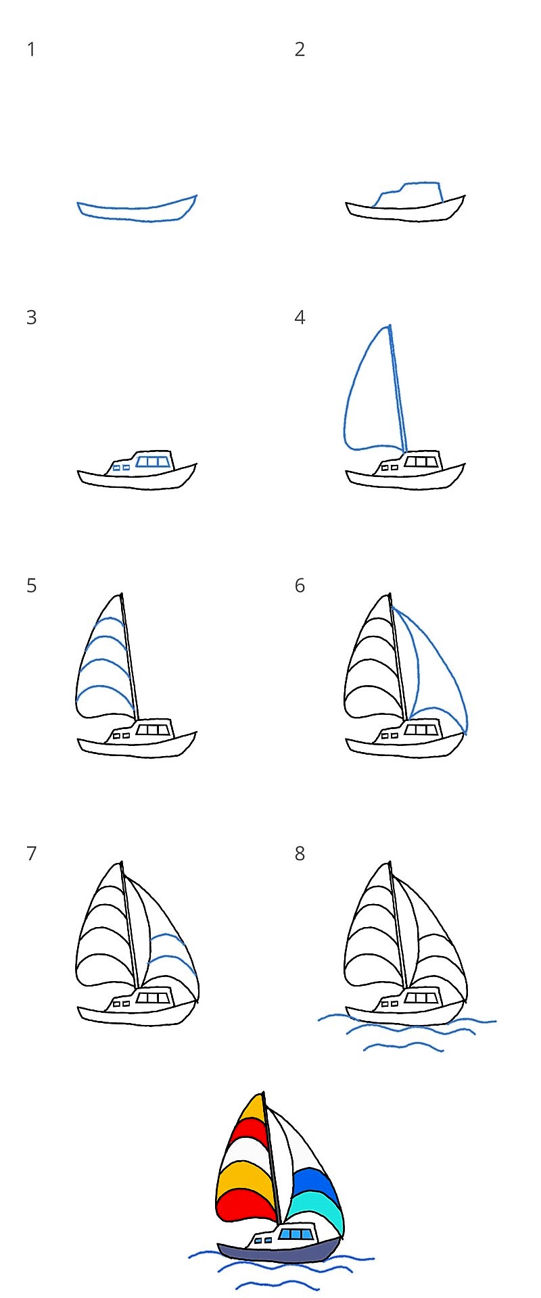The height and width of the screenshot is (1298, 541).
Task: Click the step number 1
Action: point(31,49)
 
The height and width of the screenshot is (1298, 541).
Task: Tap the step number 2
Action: point(300,49)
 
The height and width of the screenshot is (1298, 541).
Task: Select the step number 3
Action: point(31,318)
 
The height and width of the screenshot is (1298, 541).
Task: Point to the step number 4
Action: point(300,318)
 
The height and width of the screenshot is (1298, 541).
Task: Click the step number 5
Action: point(31,586)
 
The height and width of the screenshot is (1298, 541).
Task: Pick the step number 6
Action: point(300,586)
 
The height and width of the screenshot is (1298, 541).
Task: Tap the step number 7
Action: point(31,854)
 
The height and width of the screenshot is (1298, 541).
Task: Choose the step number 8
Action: point(300,854)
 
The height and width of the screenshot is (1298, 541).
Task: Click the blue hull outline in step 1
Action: point(135,220)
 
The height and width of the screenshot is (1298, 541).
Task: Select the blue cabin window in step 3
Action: point(153,461)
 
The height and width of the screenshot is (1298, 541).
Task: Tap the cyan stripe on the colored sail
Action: point(318,1203)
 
